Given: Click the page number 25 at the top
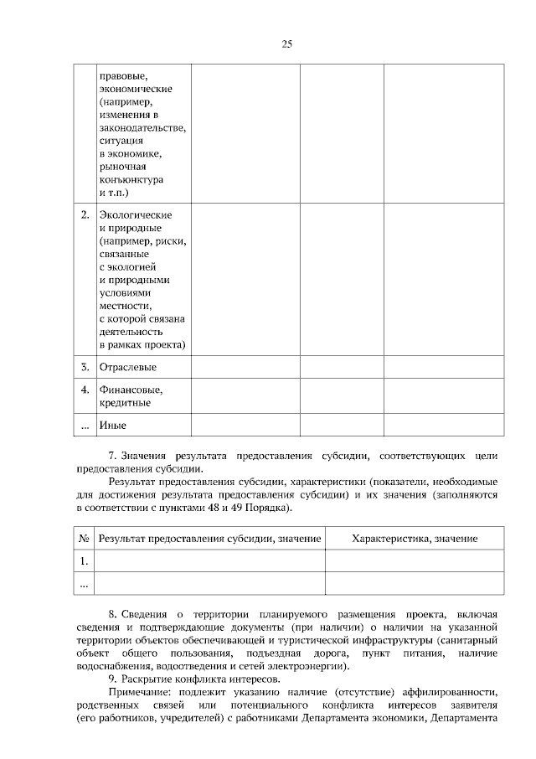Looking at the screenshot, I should tap(286, 44).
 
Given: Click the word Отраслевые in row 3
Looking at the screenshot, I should tap(127, 367).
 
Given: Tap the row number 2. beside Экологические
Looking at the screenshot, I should tap(85, 215).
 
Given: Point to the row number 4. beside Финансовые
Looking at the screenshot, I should tap(85, 390).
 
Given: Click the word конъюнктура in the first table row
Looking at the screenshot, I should tap(131, 180).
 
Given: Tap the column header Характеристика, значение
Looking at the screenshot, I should tap(415, 538).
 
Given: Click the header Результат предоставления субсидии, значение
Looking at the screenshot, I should tap(209, 538).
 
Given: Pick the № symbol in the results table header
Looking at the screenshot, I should tap(84, 538).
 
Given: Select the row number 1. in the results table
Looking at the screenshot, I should tap(84, 560).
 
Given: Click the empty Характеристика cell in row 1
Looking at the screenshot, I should tap(415, 560).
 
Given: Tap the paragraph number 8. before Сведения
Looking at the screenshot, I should tap(114, 614).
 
